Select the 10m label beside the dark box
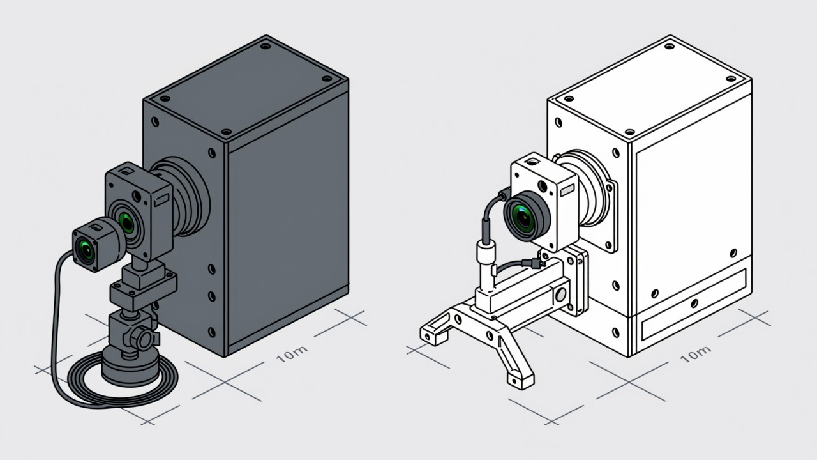pyautogui.click(x=291, y=354)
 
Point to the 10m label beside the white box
pyautogui.click(x=696, y=354)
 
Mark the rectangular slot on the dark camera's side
pyautogui.click(x=161, y=201)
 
